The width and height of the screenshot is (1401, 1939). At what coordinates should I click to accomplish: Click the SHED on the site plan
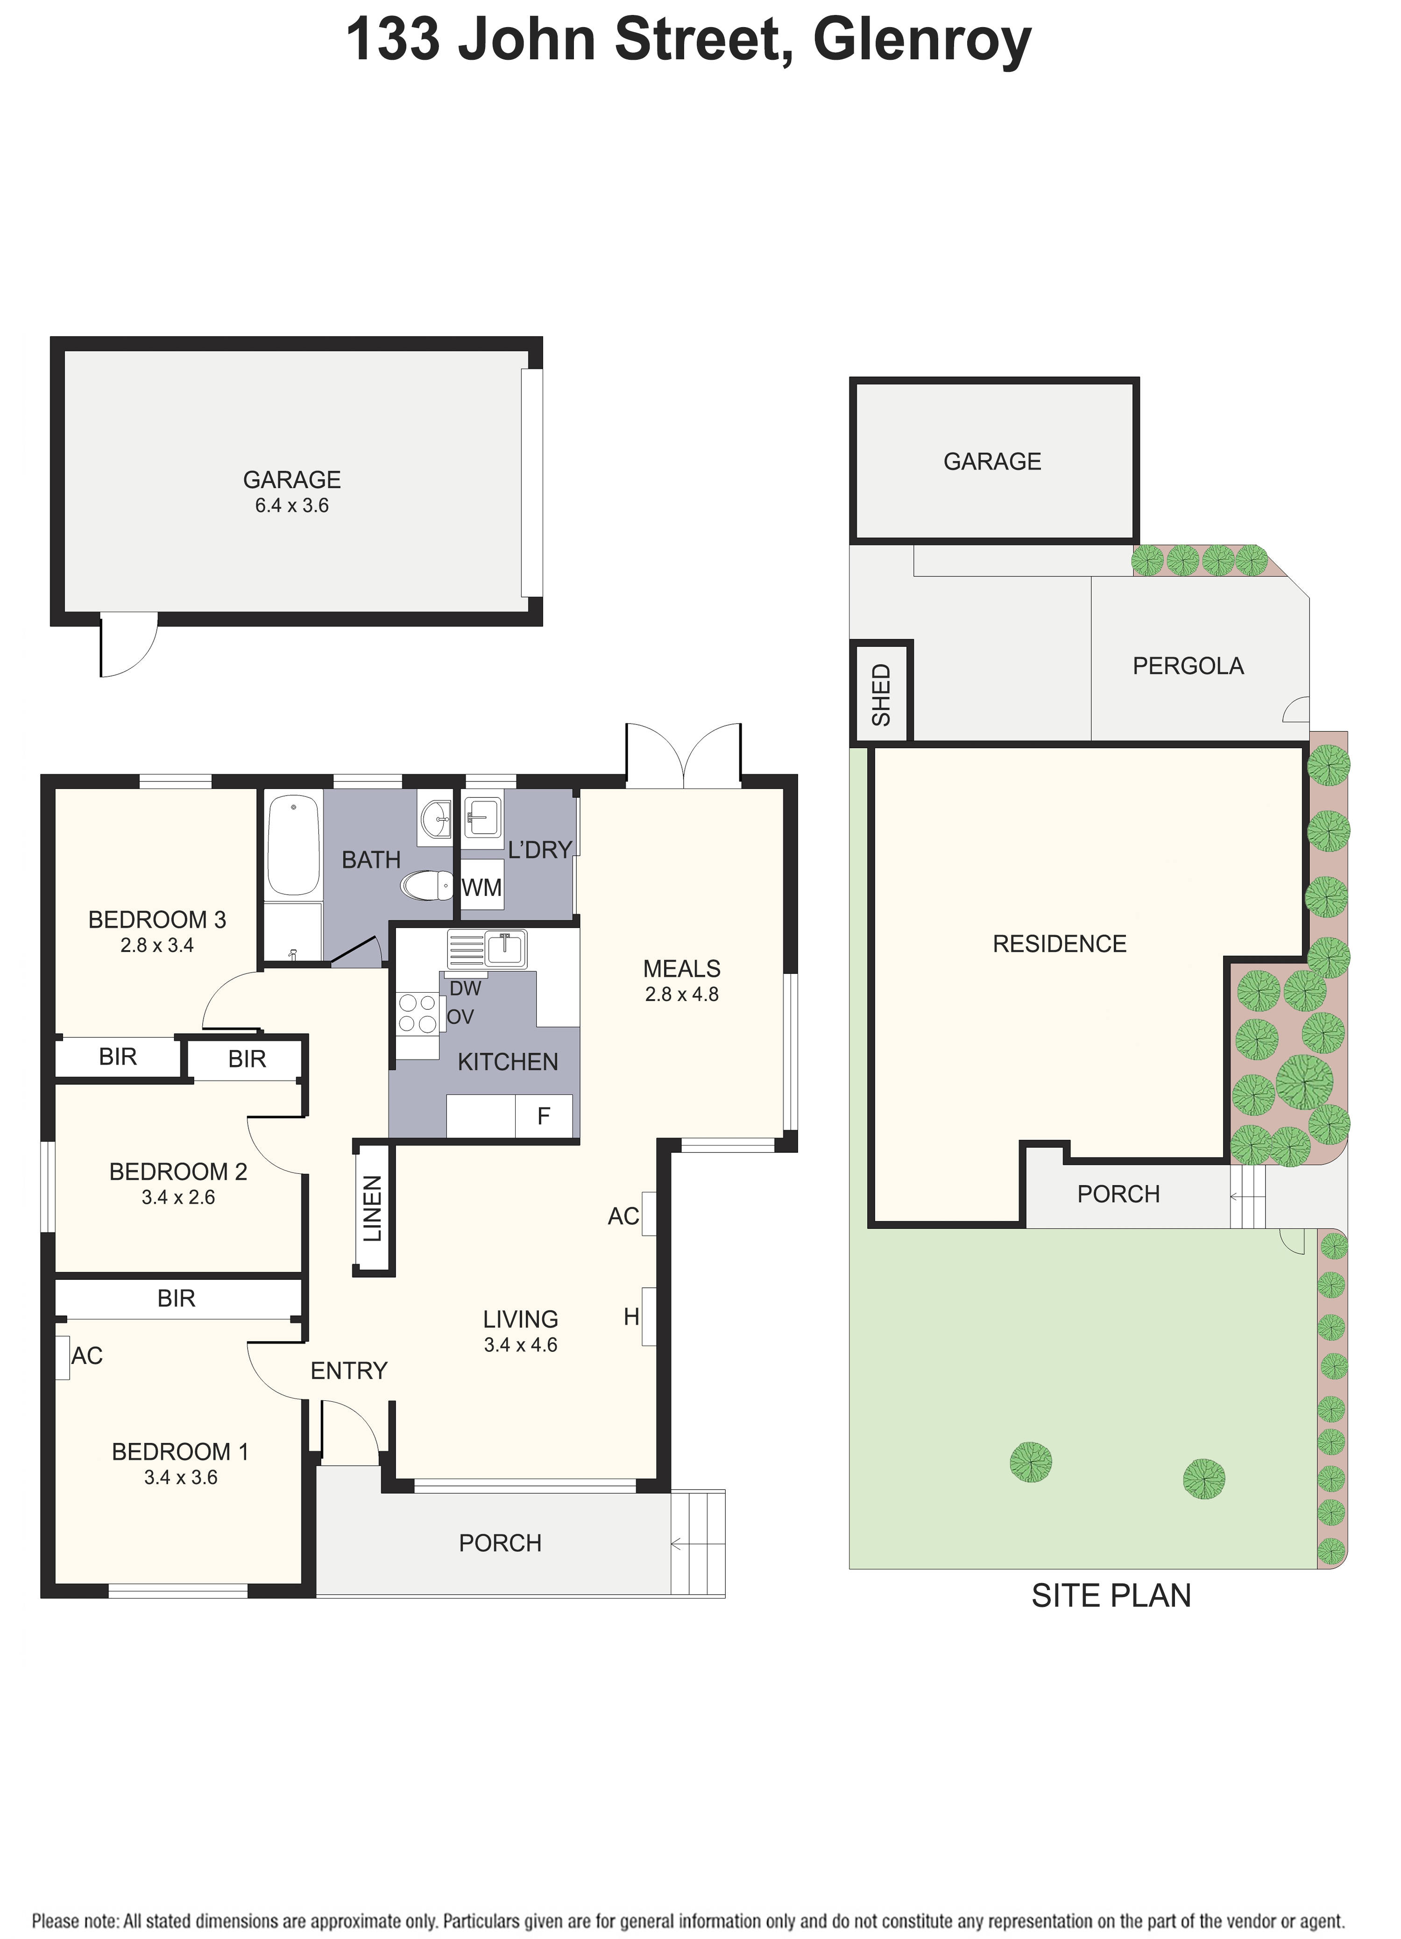[881, 692]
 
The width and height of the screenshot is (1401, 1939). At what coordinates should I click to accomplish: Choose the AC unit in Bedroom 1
[63, 1357]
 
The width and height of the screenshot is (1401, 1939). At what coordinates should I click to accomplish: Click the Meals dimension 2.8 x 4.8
[681, 994]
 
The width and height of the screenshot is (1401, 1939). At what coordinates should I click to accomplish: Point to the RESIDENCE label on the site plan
[1059, 944]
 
